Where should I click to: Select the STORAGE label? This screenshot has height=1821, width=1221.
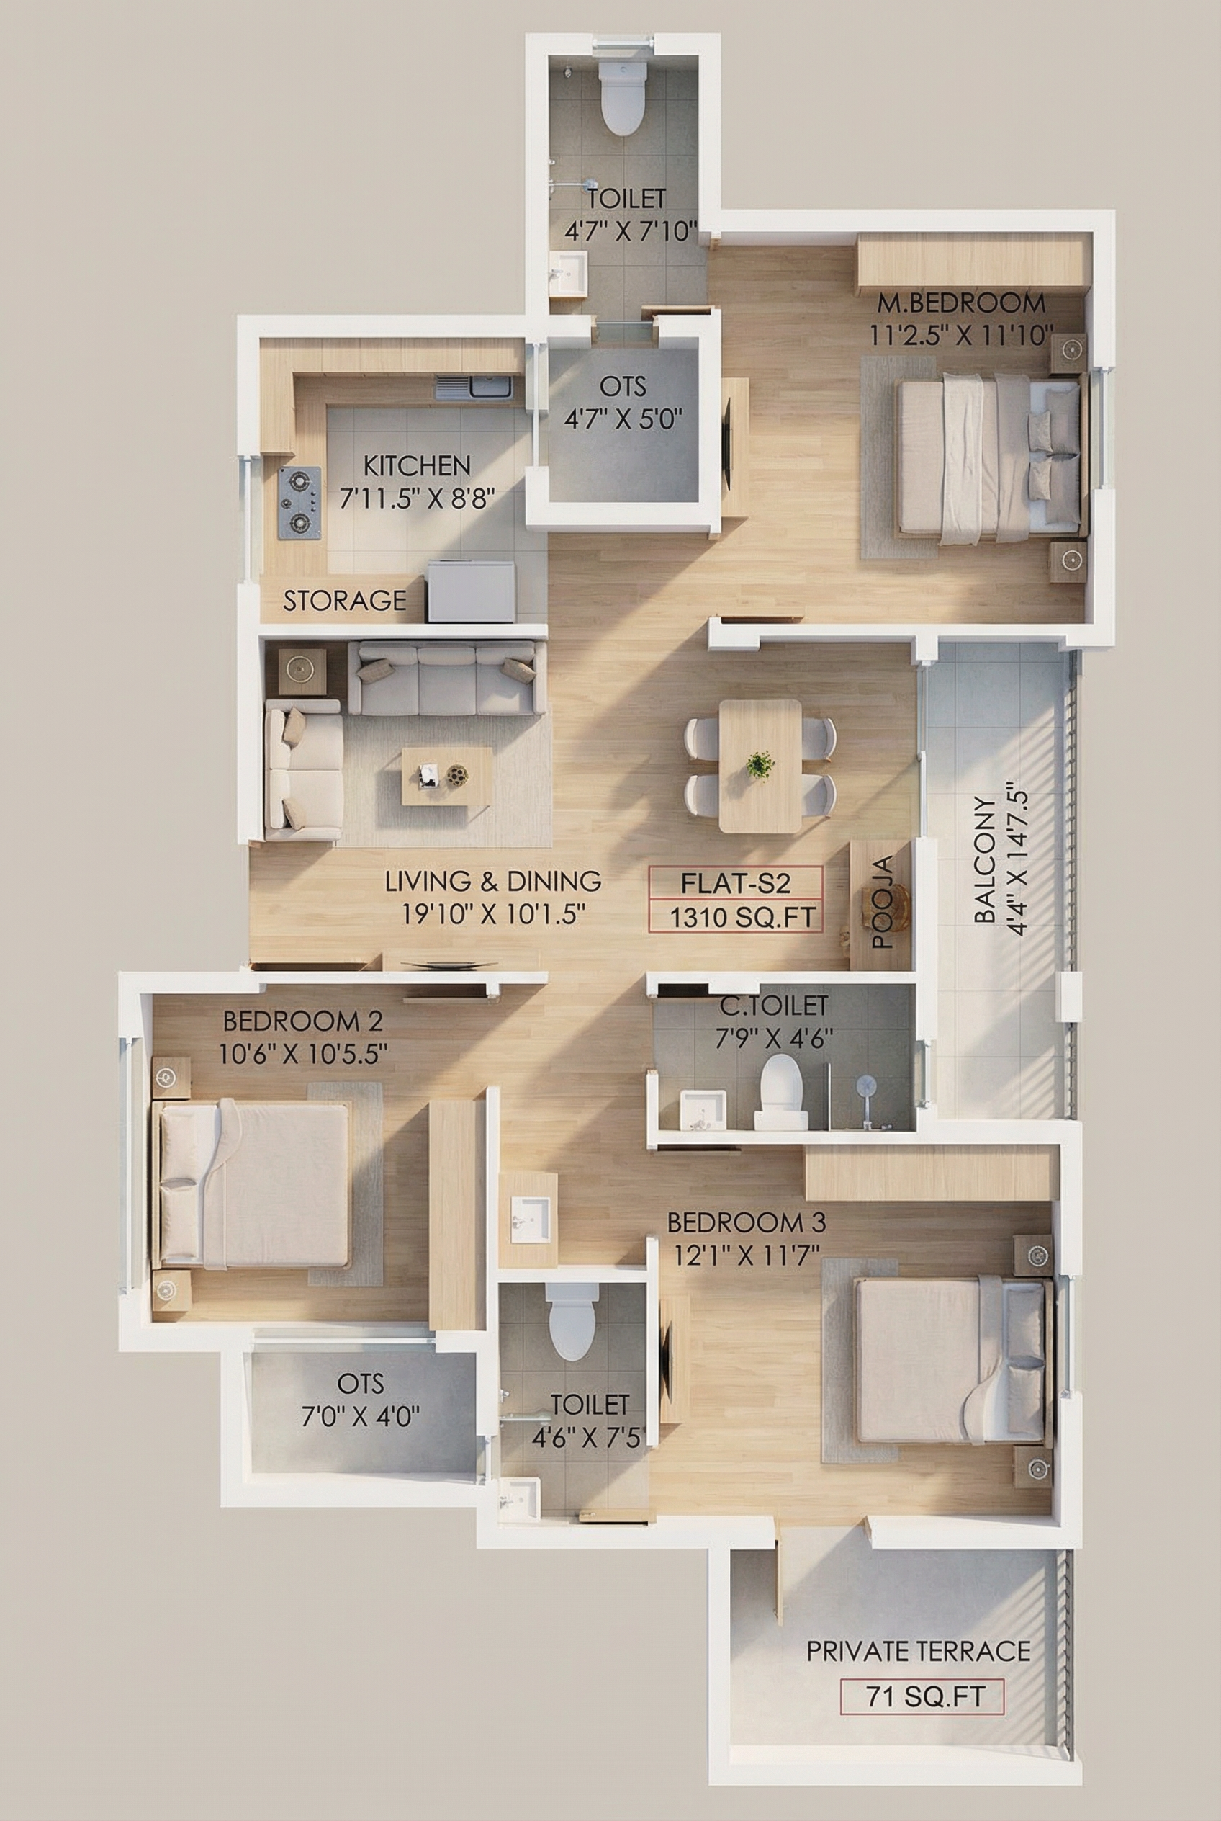344,601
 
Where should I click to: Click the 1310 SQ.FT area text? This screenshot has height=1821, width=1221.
742,918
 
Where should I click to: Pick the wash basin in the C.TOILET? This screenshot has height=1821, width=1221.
703,1109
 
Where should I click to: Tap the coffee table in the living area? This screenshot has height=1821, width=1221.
447,776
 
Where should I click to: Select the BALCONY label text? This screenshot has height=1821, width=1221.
985,859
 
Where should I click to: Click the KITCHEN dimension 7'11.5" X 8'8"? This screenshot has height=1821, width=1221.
418,498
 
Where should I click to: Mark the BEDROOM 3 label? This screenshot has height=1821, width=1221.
746,1222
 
